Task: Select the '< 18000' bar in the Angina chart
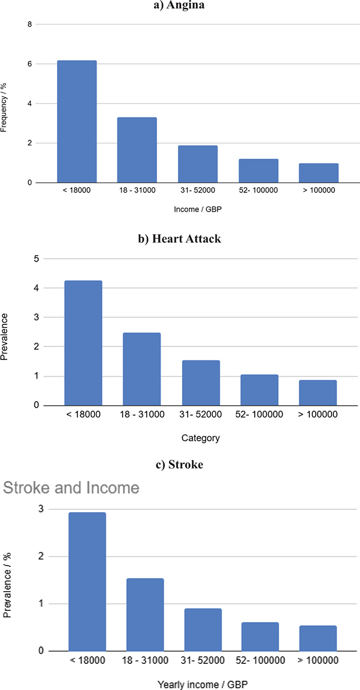(x=77, y=121)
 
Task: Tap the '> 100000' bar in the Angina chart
(x=318, y=173)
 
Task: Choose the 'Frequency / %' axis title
(x=5, y=104)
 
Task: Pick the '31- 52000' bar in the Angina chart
(x=198, y=164)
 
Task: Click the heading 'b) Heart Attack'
(x=180, y=239)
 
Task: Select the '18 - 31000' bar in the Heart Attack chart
(x=142, y=369)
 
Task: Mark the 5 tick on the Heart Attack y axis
(x=36, y=259)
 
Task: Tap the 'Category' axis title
(x=201, y=438)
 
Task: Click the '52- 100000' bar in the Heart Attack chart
(x=259, y=390)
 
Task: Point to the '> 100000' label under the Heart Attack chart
(x=318, y=414)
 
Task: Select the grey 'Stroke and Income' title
(x=72, y=487)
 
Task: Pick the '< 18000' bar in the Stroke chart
(x=87, y=581)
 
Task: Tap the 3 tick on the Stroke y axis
(x=40, y=509)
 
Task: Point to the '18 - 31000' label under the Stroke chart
(x=145, y=660)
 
